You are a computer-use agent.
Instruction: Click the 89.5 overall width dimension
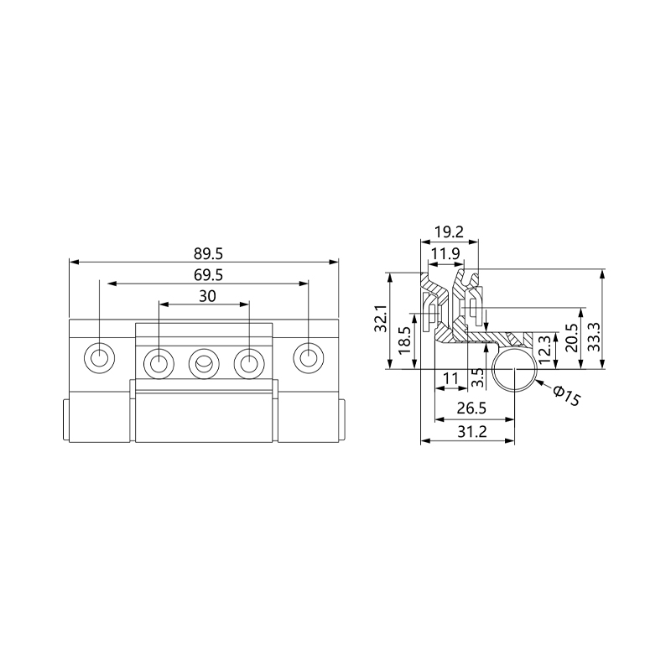tap(208, 254)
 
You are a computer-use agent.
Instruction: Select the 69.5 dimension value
tap(208, 275)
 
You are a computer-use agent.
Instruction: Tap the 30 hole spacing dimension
tap(207, 296)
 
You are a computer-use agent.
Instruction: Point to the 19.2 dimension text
tap(449, 232)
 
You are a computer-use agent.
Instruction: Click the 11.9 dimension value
tap(445, 254)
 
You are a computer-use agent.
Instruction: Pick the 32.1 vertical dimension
tap(381, 319)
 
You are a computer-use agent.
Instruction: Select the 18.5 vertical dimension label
tap(404, 341)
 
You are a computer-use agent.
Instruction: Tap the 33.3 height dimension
tap(594, 337)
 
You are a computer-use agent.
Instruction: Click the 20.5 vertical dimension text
tap(572, 338)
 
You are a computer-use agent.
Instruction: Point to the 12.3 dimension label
tap(544, 350)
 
